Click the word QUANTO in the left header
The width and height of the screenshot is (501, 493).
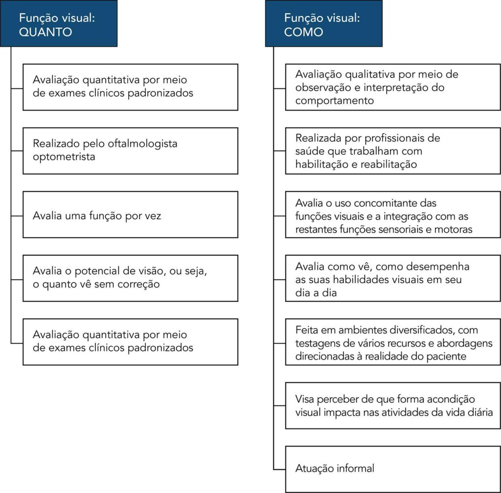[46, 32]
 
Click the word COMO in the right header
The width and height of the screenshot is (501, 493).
[303, 32]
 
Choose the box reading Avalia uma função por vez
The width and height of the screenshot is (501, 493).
[130, 215]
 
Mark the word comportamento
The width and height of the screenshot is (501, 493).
[335, 101]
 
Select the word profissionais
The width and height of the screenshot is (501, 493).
[394, 138]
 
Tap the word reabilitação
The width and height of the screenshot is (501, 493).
[388, 164]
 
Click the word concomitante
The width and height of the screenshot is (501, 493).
[397, 202]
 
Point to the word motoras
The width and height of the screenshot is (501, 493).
[455, 228]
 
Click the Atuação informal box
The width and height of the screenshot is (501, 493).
[392, 469]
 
